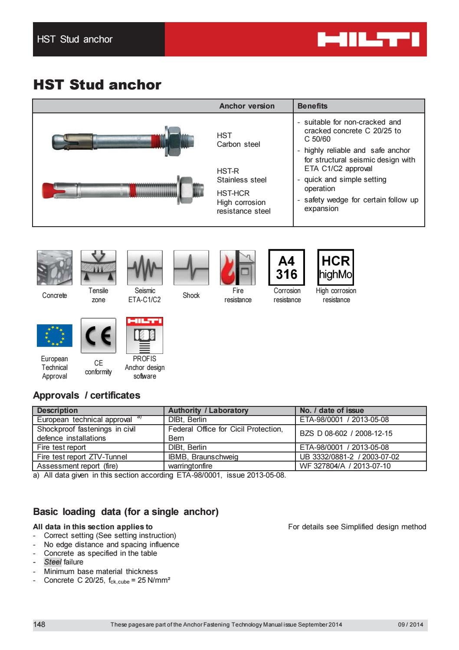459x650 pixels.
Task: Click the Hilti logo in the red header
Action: [x=368, y=40]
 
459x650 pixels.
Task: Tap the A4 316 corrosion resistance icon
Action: [x=287, y=267]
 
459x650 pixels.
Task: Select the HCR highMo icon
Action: [x=336, y=267]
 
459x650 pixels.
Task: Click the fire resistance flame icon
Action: [x=237, y=267]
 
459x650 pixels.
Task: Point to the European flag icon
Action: [x=55, y=336]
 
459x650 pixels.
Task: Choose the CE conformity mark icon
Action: [x=98, y=336]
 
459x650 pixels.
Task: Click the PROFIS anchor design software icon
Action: [x=144, y=336]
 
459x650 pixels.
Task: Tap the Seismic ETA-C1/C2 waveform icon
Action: [x=145, y=267]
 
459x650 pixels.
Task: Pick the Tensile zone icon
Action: [x=98, y=267]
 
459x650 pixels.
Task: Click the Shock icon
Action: [x=191, y=267]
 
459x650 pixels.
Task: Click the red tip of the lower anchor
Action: [x=49, y=189]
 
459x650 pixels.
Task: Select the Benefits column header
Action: [x=312, y=106]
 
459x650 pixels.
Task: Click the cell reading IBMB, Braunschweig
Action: [x=203, y=457]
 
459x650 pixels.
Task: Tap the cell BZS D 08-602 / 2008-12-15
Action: [x=346, y=433]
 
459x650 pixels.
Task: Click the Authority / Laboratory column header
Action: [x=208, y=410]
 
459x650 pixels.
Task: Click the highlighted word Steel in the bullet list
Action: [x=53, y=562]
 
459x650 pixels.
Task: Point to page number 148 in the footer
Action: [x=39, y=624]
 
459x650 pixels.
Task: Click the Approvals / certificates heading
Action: [x=87, y=395]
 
